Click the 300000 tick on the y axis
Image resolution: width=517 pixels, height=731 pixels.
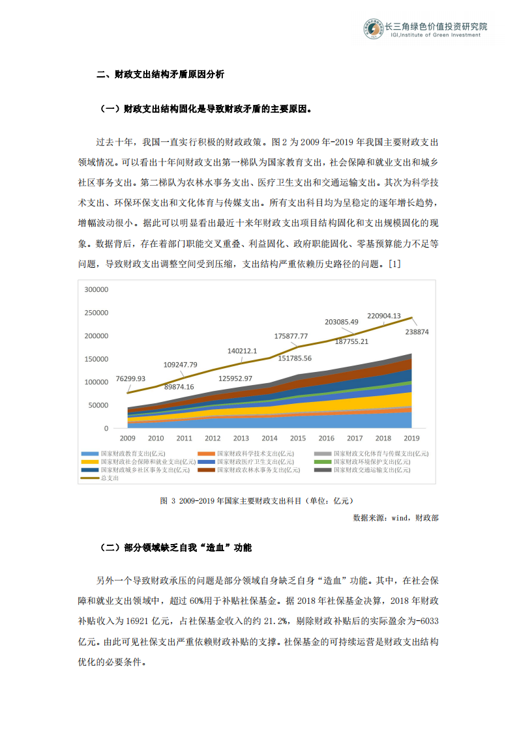pyautogui.click(x=96, y=289)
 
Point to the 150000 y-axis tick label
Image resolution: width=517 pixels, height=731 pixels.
pyautogui.click(x=96, y=359)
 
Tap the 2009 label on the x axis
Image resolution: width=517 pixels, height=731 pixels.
pyautogui.click(x=127, y=438)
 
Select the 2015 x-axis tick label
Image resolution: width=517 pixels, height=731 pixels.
pyautogui.click(x=298, y=438)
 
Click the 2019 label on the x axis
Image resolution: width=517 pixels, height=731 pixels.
pyautogui.click(x=412, y=438)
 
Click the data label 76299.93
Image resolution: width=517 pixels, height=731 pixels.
pyautogui.click(x=130, y=379)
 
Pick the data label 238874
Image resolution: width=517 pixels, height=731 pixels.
pyautogui.click(x=418, y=332)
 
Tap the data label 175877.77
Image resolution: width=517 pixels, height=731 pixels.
pyautogui.click(x=291, y=336)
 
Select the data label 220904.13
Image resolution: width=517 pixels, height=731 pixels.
pyautogui.click(x=384, y=315)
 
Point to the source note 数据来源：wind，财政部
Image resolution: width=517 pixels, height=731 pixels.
pyautogui.click(x=395, y=517)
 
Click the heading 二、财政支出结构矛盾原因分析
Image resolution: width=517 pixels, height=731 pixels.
pyautogui.click(x=160, y=75)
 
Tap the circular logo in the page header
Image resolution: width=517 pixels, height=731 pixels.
pyautogui.click(x=374, y=30)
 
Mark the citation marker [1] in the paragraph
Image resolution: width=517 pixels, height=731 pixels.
pyautogui.click(x=394, y=265)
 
